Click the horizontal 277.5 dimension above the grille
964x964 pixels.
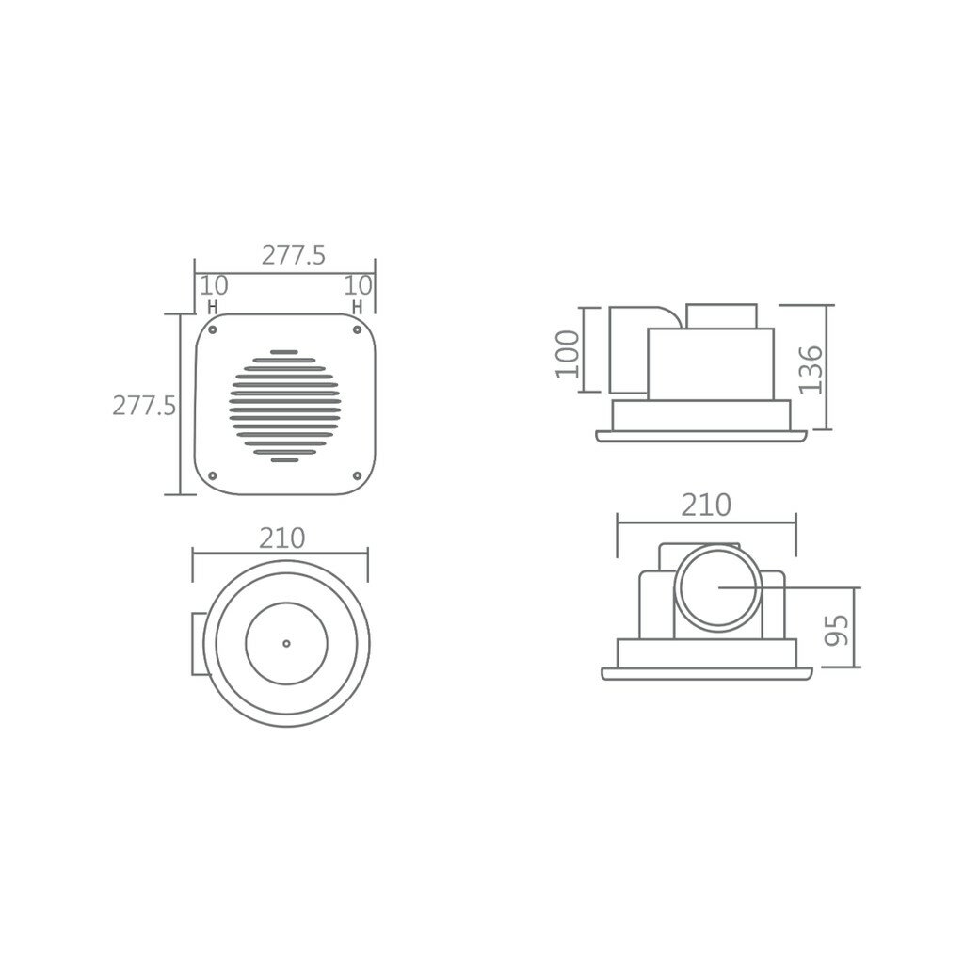pos(294,254)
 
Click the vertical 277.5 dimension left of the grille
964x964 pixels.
pos(144,406)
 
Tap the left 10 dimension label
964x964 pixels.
pos(214,285)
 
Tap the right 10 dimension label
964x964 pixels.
pos(358,285)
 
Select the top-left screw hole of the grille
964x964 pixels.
pos(213,330)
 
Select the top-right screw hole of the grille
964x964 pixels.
pos(357,330)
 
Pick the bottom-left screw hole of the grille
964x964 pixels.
pos(213,475)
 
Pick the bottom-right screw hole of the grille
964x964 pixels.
pos(357,475)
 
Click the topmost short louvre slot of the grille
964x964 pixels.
pos(284,352)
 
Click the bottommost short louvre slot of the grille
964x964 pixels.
pos(284,459)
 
